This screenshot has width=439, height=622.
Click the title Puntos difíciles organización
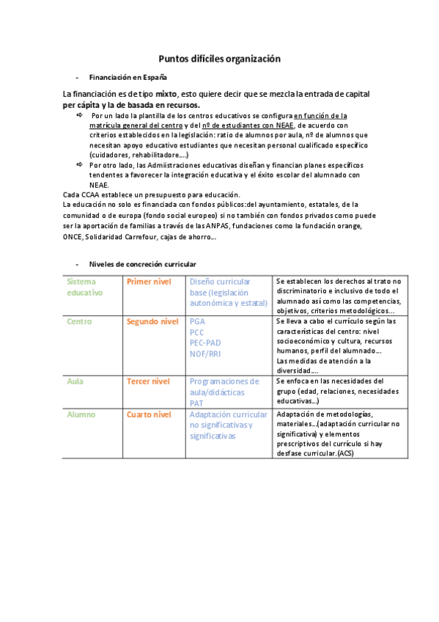point(219,59)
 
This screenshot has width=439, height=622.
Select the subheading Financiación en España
point(128,77)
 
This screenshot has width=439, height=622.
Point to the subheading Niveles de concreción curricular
point(142,264)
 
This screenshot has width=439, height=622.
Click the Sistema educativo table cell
point(85,287)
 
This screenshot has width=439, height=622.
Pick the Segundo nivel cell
point(152,321)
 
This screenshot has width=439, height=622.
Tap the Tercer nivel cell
point(148,381)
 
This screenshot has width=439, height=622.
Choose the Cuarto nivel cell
point(149,414)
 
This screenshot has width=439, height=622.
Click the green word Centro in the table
point(79,321)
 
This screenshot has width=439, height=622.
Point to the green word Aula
point(75,381)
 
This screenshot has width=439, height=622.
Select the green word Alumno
point(81,414)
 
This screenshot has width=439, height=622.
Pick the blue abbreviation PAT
point(196,403)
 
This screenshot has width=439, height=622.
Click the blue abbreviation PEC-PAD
point(205,343)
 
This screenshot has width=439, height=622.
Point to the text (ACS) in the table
point(344,453)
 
